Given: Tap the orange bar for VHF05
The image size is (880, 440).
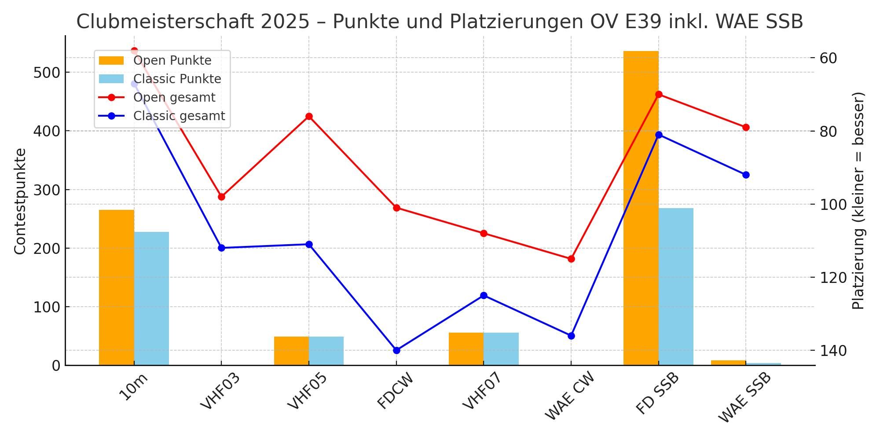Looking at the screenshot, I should click(x=291, y=351).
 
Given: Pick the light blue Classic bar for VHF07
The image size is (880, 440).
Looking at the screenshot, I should click(x=501, y=349).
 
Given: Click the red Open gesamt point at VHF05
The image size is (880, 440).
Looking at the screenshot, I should click(x=309, y=117).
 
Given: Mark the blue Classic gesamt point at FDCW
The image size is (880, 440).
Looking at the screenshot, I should click(x=396, y=350).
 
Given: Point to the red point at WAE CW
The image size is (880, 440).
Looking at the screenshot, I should click(x=571, y=259).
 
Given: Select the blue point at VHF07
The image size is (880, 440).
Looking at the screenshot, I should click(x=484, y=296).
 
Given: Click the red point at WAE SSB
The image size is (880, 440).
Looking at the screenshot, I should click(x=746, y=128).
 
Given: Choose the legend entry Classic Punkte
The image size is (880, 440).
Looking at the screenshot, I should click(x=177, y=79).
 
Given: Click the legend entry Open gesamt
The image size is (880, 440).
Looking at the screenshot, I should click(x=174, y=98).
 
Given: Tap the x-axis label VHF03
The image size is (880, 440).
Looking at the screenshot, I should click(x=220, y=391).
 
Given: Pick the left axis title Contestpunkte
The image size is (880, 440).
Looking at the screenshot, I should click(x=20, y=201).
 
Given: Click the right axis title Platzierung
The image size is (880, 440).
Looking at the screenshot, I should click(x=858, y=201).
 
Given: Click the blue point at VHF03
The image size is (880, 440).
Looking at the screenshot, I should click(x=221, y=248).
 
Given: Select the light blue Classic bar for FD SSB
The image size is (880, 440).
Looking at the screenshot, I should click(x=676, y=286).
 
